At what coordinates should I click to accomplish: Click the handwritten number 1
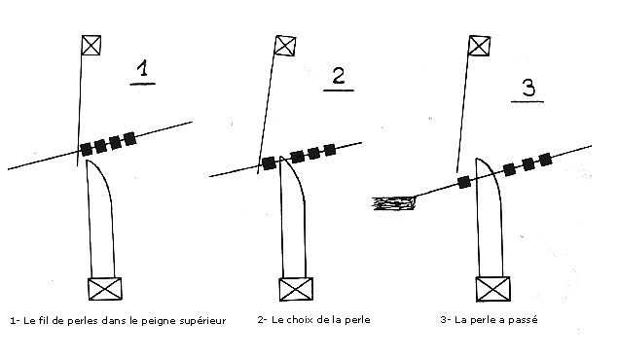click(143, 68)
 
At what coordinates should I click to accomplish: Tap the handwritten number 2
click(338, 75)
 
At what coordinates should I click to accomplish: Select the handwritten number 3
click(528, 88)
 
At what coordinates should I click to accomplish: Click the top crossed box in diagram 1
click(91, 45)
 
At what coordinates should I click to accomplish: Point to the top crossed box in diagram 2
click(284, 46)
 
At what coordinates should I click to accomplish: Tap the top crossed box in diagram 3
click(479, 46)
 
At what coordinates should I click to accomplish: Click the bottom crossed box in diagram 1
click(104, 289)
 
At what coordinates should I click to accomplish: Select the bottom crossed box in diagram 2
click(296, 289)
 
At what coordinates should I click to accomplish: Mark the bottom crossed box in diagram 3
click(492, 289)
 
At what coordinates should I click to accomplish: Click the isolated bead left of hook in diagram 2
click(269, 163)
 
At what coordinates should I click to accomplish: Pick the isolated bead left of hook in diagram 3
click(464, 182)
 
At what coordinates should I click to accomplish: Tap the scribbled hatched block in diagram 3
click(394, 203)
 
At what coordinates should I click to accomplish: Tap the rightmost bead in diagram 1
click(129, 138)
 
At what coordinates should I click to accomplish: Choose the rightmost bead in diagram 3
click(545, 160)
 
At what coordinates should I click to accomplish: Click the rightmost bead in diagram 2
click(330, 150)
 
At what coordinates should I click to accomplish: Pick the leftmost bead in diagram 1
click(87, 149)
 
